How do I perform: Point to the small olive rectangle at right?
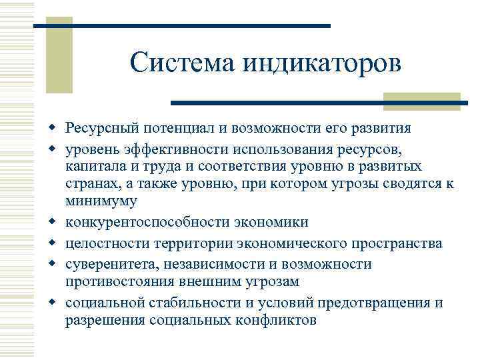click(x=421, y=101)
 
